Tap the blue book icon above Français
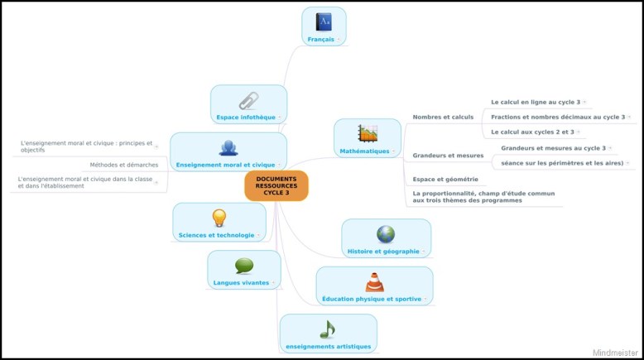click(x=324, y=22)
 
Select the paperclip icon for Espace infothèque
click(x=248, y=101)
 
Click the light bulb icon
click(x=219, y=218)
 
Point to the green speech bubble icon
click(x=243, y=266)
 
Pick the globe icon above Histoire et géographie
click(x=386, y=233)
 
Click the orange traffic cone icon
click(x=374, y=281)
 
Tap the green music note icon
click(x=328, y=329)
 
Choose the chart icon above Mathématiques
click(x=368, y=133)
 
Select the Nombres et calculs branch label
click(x=443, y=117)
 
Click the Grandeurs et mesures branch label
click(x=448, y=155)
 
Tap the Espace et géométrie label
click(x=445, y=179)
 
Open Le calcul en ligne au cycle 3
click(x=536, y=102)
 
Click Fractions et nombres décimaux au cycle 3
click(x=558, y=117)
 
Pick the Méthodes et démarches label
click(x=124, y=165)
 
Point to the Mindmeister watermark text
click(x=616, y=353)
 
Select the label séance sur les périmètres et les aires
click(x=562, y=163)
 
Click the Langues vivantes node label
click(x=241, y=283)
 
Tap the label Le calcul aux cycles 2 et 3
click(x=532, y=132)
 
